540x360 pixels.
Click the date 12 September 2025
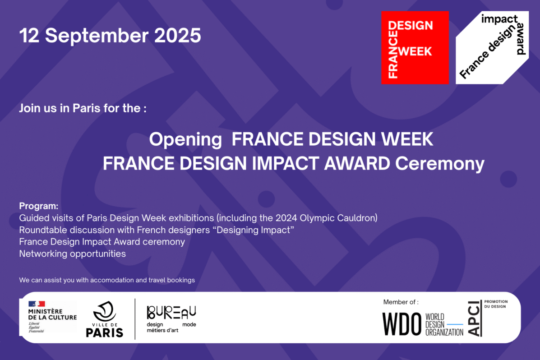(x=110, y=36)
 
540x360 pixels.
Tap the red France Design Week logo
(x=415, y=47)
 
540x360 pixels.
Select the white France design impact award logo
(x=492, y=47)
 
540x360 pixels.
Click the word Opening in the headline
(x=185, y=139)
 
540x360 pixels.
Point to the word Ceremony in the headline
(x=439, y=164)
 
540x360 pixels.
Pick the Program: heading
(x=39, y=206)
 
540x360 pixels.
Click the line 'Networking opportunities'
(x=72, y=254)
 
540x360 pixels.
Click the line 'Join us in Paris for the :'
(x=83, y=109)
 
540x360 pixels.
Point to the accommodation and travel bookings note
(x=107, y=280)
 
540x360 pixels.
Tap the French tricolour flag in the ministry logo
(x=37, y=304)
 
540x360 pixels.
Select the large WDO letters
(x=402, y=323)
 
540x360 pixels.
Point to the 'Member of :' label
(x=401, y=302)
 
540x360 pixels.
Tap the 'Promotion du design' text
(x=496, y=304)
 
